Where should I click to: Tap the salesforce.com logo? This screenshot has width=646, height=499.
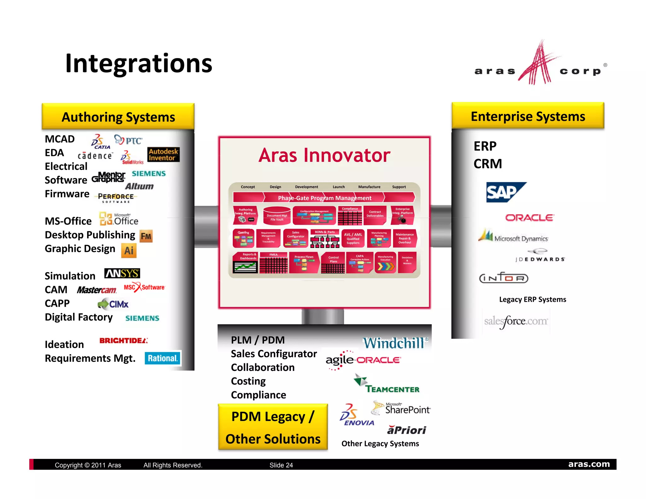click(516, 321)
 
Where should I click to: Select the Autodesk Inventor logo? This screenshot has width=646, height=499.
click(163, 155)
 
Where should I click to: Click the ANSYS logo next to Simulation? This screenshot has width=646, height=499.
click(122, 273)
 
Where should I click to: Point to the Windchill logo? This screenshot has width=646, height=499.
click(395, 343)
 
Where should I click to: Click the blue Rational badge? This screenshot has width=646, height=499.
click(163, 358)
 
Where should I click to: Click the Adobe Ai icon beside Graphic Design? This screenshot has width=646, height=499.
click(129, 250)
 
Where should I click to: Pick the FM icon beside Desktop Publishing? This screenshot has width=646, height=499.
click(146, 236)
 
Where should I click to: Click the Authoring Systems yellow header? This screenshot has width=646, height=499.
click(118, 117)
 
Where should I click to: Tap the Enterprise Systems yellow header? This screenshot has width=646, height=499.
click(528, 116)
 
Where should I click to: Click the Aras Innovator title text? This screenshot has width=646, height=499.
click(324, 155)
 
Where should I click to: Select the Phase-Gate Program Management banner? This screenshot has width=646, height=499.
click(324, 198)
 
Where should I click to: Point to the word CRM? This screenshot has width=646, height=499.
click(488, 164)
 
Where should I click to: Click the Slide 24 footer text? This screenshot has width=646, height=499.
click(281, 465)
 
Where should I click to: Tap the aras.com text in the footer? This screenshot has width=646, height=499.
click(589, 464)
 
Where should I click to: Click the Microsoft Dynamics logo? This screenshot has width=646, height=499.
click(514, 237)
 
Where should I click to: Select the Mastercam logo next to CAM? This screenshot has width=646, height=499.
click(97, 290)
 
